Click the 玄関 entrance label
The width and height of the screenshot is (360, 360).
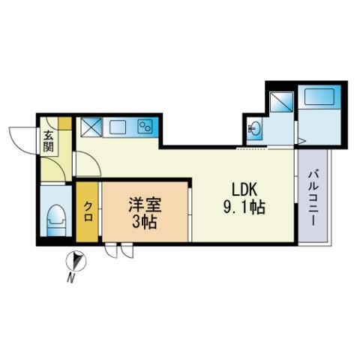tap(49, 142)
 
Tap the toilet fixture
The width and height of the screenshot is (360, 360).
tap(56, 220)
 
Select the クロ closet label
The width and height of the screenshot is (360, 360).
tap(88, 211)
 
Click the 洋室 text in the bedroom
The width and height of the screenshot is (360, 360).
tap(145, 205)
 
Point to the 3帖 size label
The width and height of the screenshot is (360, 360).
tap(145, 223)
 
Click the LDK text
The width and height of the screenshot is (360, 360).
tap(244, 190)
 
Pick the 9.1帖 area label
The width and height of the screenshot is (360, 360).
tap(244, 208)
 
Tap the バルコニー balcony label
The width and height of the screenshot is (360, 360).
tap(313, 198)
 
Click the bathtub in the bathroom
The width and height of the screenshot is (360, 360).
tap(319, 97)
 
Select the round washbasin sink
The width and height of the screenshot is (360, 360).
tap(253, 130)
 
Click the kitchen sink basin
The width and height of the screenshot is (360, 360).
tap(118, 127)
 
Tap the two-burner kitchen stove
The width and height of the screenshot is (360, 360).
tap(145, 126)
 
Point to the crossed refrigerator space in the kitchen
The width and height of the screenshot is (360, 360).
tap(91, 127)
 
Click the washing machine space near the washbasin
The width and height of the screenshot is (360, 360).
tap(281, 102)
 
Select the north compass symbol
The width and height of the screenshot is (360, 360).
tap(76, 261)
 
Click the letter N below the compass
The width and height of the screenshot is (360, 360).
tap(71, 278)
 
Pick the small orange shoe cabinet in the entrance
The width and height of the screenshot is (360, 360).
tap(65, 123)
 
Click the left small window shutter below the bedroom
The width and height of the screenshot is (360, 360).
tap(111, 251)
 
